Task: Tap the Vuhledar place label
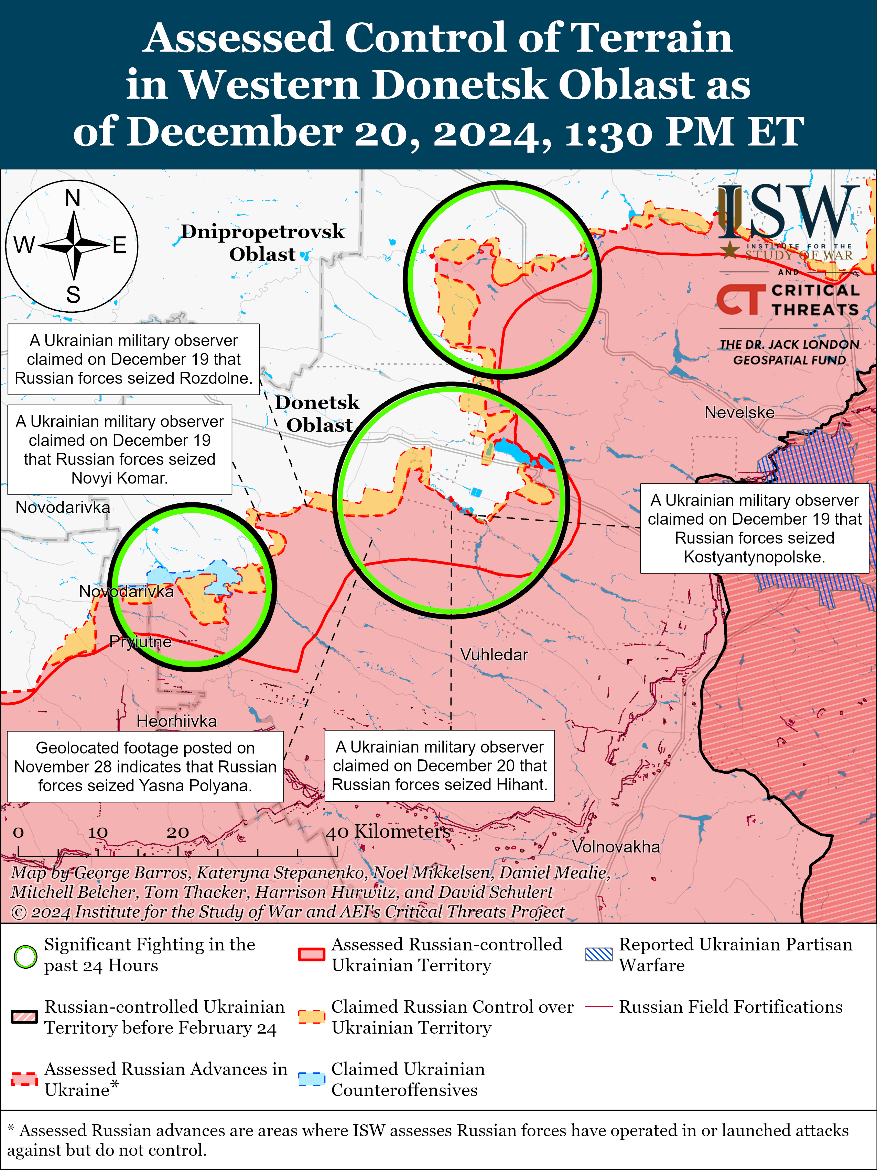494,655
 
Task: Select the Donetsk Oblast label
317,414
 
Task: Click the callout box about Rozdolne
133,359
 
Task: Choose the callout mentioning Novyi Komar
120,449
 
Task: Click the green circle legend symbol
25,956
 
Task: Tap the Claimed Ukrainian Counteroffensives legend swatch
311,1079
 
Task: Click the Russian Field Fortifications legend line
599,1006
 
